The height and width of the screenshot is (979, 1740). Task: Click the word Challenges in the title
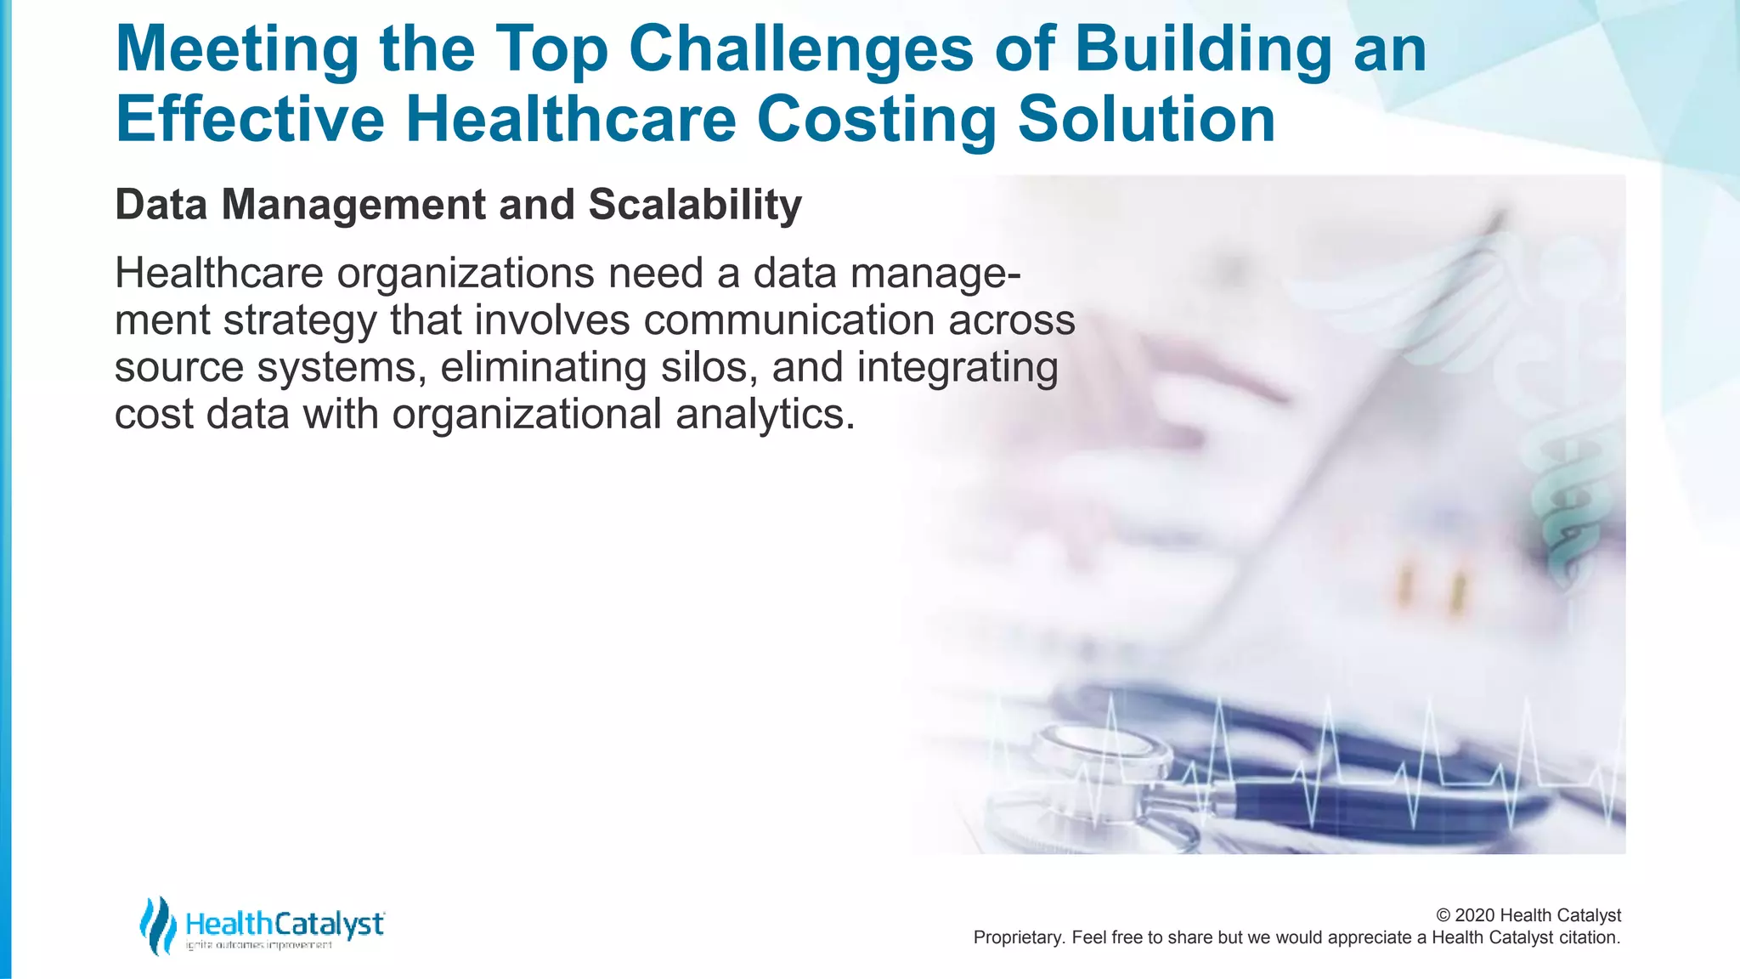pyautogui.click(x=800, y=48)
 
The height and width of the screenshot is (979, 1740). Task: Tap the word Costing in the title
pyautogui.click(x=876, y=119)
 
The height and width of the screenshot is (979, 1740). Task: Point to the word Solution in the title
pyautogui.click(x=1146, y=119)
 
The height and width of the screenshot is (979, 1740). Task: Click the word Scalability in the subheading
pyautogui.click(x=694, y=205)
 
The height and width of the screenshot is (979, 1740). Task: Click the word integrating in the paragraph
pyautogui.click(x=958, y=367)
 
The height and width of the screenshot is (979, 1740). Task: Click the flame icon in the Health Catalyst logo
pyautogui.click(x=157, y=925)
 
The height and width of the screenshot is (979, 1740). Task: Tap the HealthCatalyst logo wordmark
pyautogui.click(x=285, y=923)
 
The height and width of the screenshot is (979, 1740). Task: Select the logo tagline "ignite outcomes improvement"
pyautogui.click(x=259, y=945)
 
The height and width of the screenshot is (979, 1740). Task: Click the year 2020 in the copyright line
pyautogui.click(x=1475, y=915)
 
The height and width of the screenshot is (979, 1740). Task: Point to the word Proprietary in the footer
pyautogui.click(x=1018, y=937)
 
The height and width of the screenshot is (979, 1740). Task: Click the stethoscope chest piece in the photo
pyautogui.click(x=1096, y=765)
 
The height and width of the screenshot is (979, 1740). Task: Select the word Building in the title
pyautogui.click(x=1202, y=48)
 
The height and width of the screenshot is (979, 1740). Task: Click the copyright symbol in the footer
pyautogui.click(x=1443, y=915)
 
